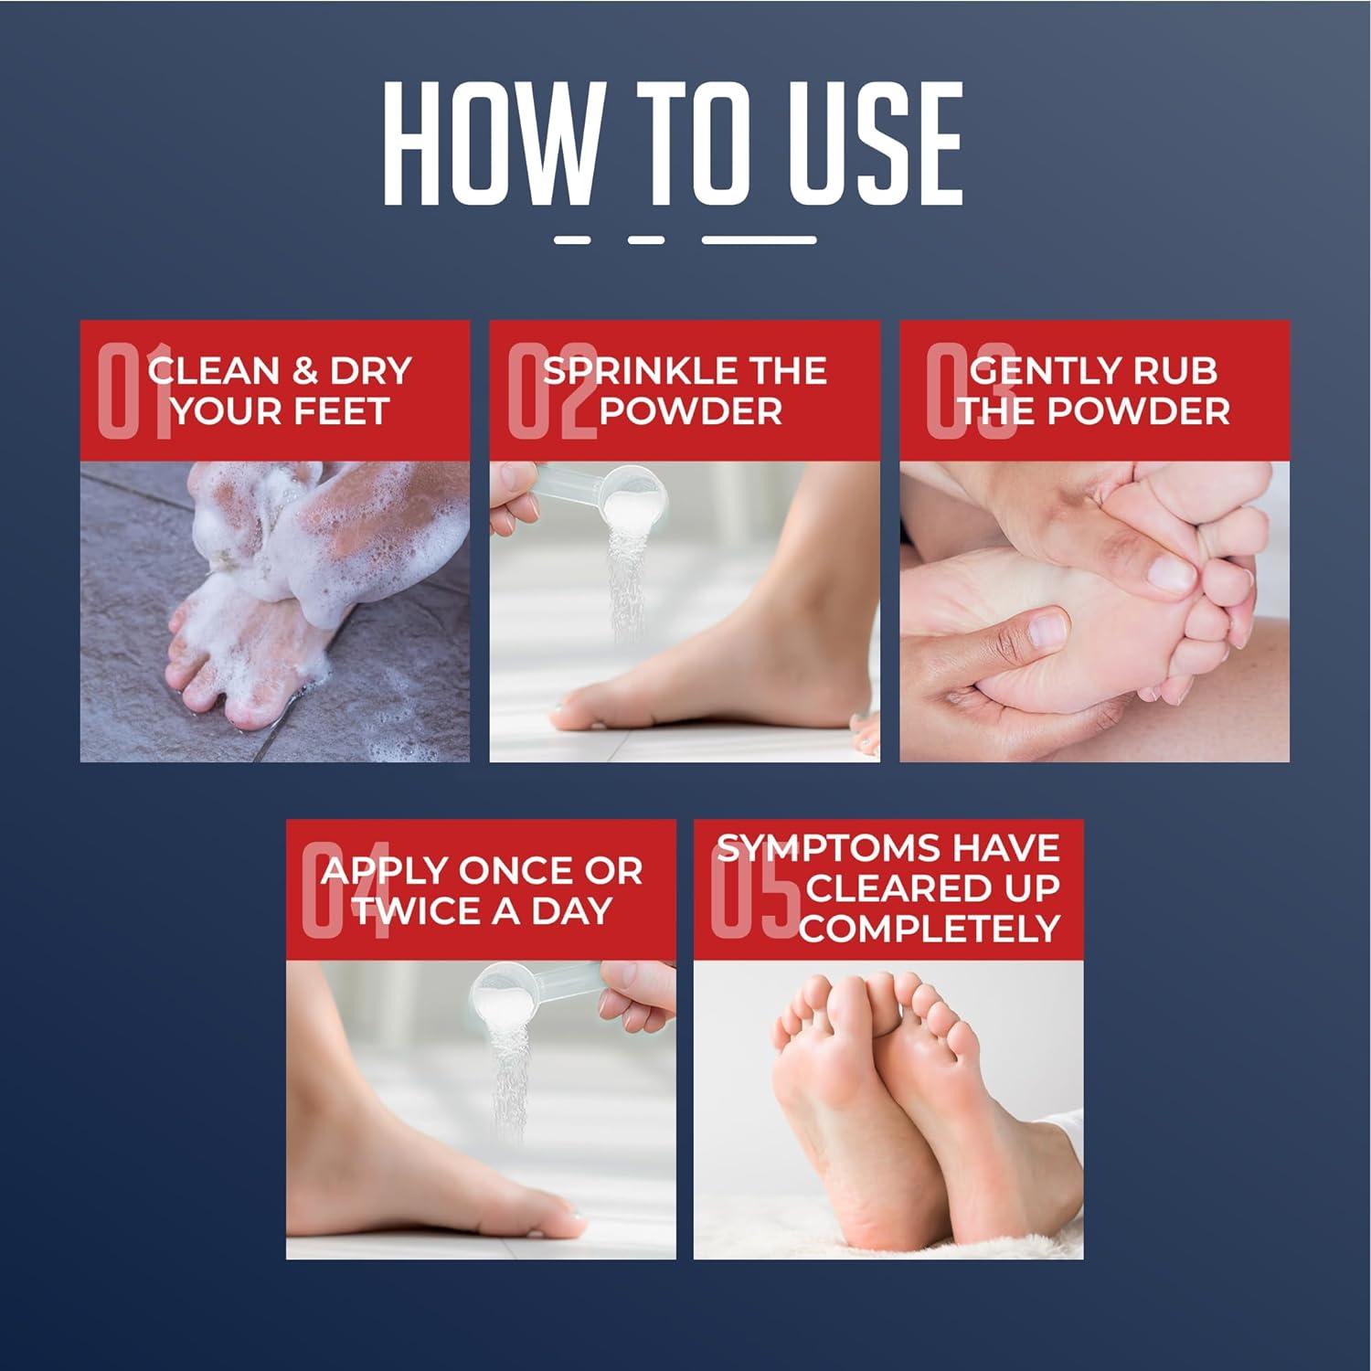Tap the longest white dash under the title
(759, 240)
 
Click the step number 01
(133, 391)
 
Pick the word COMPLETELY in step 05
(929, 929)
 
